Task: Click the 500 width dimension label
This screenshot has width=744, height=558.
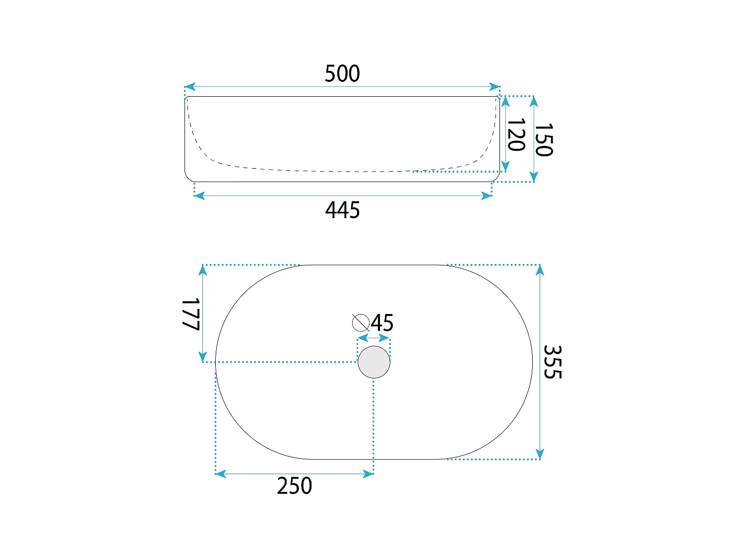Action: click(342, 73)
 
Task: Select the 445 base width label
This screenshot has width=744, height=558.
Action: click(342, 210)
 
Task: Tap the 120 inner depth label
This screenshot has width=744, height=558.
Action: click(516, 134)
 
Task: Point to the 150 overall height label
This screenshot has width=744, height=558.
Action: click(544, 139)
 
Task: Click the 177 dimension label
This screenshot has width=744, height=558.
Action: click(191, 314)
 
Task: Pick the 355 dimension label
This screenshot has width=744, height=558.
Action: click(553, 362)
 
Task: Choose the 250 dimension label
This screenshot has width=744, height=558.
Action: click(294, 486)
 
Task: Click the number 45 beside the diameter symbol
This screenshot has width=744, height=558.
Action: click(382, 322)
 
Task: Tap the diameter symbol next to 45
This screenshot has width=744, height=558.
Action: click(361, 322)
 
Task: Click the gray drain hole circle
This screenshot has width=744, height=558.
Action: click(374, 362)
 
